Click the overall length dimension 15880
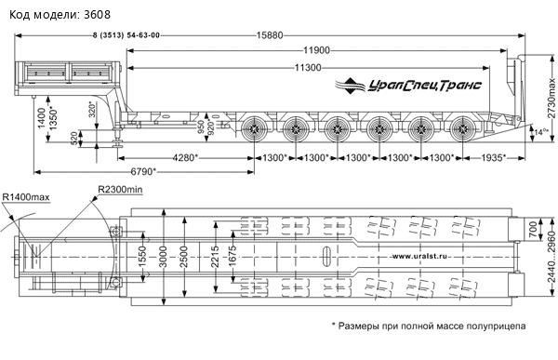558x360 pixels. tap(270, 35)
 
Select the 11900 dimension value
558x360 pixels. tap(316, 50)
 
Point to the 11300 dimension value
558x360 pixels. tap(308, 67)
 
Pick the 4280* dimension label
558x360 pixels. tap(185, 157)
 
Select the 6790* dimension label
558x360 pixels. tap(143, 172)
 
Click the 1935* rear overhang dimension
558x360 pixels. tap(494, 157)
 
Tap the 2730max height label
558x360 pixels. tap(551, 98)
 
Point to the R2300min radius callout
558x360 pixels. tap(120, 190)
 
